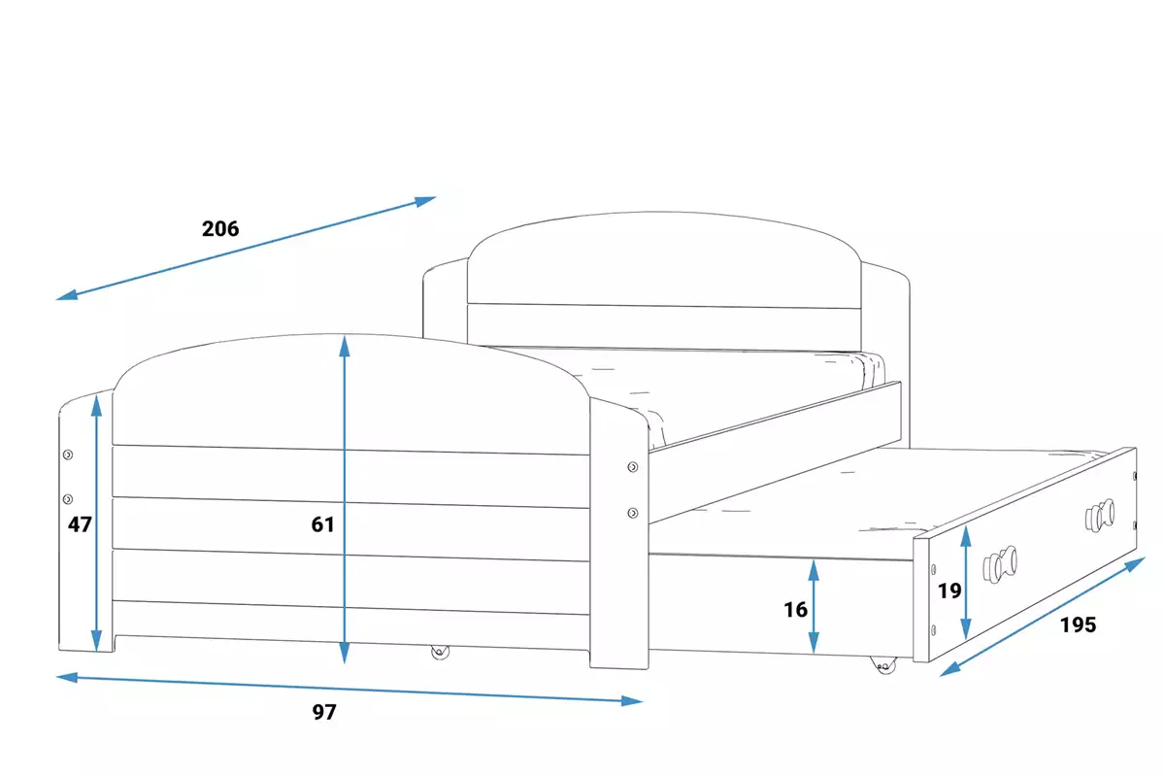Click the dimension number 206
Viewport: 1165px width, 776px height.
coord(220,229)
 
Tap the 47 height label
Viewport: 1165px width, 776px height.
coord(80,524)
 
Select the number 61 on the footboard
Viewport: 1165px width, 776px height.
coord(322,524)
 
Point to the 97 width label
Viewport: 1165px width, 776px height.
coord(324,712)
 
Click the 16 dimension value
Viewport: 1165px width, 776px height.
coord(795,610)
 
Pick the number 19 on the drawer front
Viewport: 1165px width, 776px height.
coord(949,589)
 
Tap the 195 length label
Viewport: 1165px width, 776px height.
coord(1078,625)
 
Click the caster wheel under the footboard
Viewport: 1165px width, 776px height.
coord(441,652)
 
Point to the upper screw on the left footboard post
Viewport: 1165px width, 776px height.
coord(68,455)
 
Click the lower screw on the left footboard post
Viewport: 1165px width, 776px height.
coord(68,499)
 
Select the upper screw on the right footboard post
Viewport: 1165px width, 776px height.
coord(633,468)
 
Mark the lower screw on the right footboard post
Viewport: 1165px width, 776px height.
coord(633,512)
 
